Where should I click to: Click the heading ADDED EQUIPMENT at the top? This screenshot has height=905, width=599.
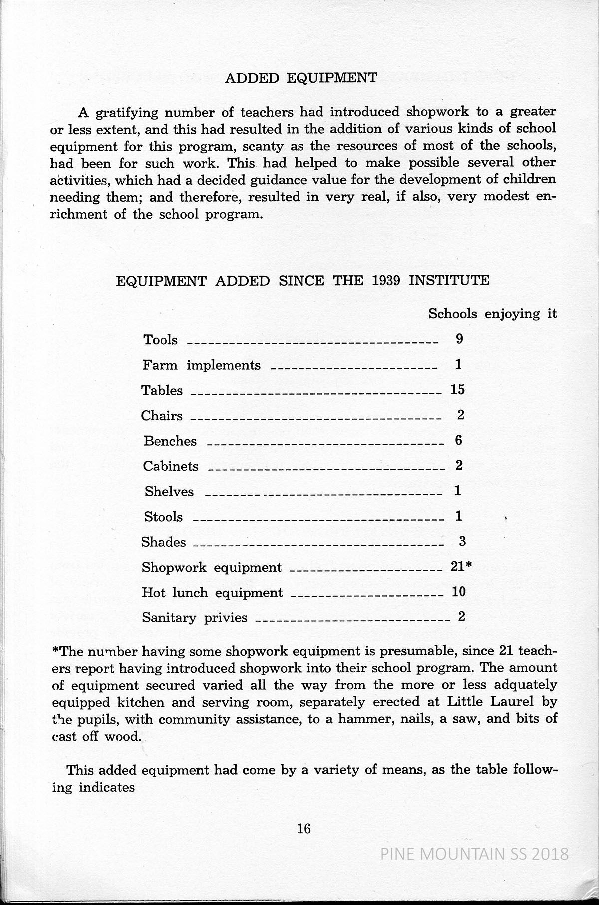click(x=301, y=78)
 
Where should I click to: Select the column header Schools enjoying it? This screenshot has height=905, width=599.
click(x=492, y=314)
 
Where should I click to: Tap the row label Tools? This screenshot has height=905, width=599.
click(x=160, y=340)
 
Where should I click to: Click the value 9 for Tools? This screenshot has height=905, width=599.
click(x=459, y=339)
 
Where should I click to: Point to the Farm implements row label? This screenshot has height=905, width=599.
click(x=201, y=365)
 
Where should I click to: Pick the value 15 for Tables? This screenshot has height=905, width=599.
click(x=457, y=390)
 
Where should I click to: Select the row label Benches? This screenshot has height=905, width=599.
click(x=170, y=441)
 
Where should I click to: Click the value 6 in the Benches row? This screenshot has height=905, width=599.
click(x=459, y=440)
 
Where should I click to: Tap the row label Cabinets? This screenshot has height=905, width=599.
click(x=171, y=466)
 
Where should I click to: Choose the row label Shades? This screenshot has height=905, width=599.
click(x=164, y=542)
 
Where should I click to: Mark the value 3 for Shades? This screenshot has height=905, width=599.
click(x=462, y=541)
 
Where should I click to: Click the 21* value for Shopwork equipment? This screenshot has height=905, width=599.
click(x=461, y=567)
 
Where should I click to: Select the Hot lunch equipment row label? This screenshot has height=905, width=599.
click(x=212, y=593)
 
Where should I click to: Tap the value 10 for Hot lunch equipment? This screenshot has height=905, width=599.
click(x=458, y=592)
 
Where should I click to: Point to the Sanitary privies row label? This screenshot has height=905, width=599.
click(x=195, y=618)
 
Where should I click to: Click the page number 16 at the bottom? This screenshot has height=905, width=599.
click(x=303, y=829)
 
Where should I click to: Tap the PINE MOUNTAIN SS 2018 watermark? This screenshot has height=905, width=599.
click(x=474, y=854)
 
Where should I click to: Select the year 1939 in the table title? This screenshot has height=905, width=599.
click(x=386, y=280)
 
